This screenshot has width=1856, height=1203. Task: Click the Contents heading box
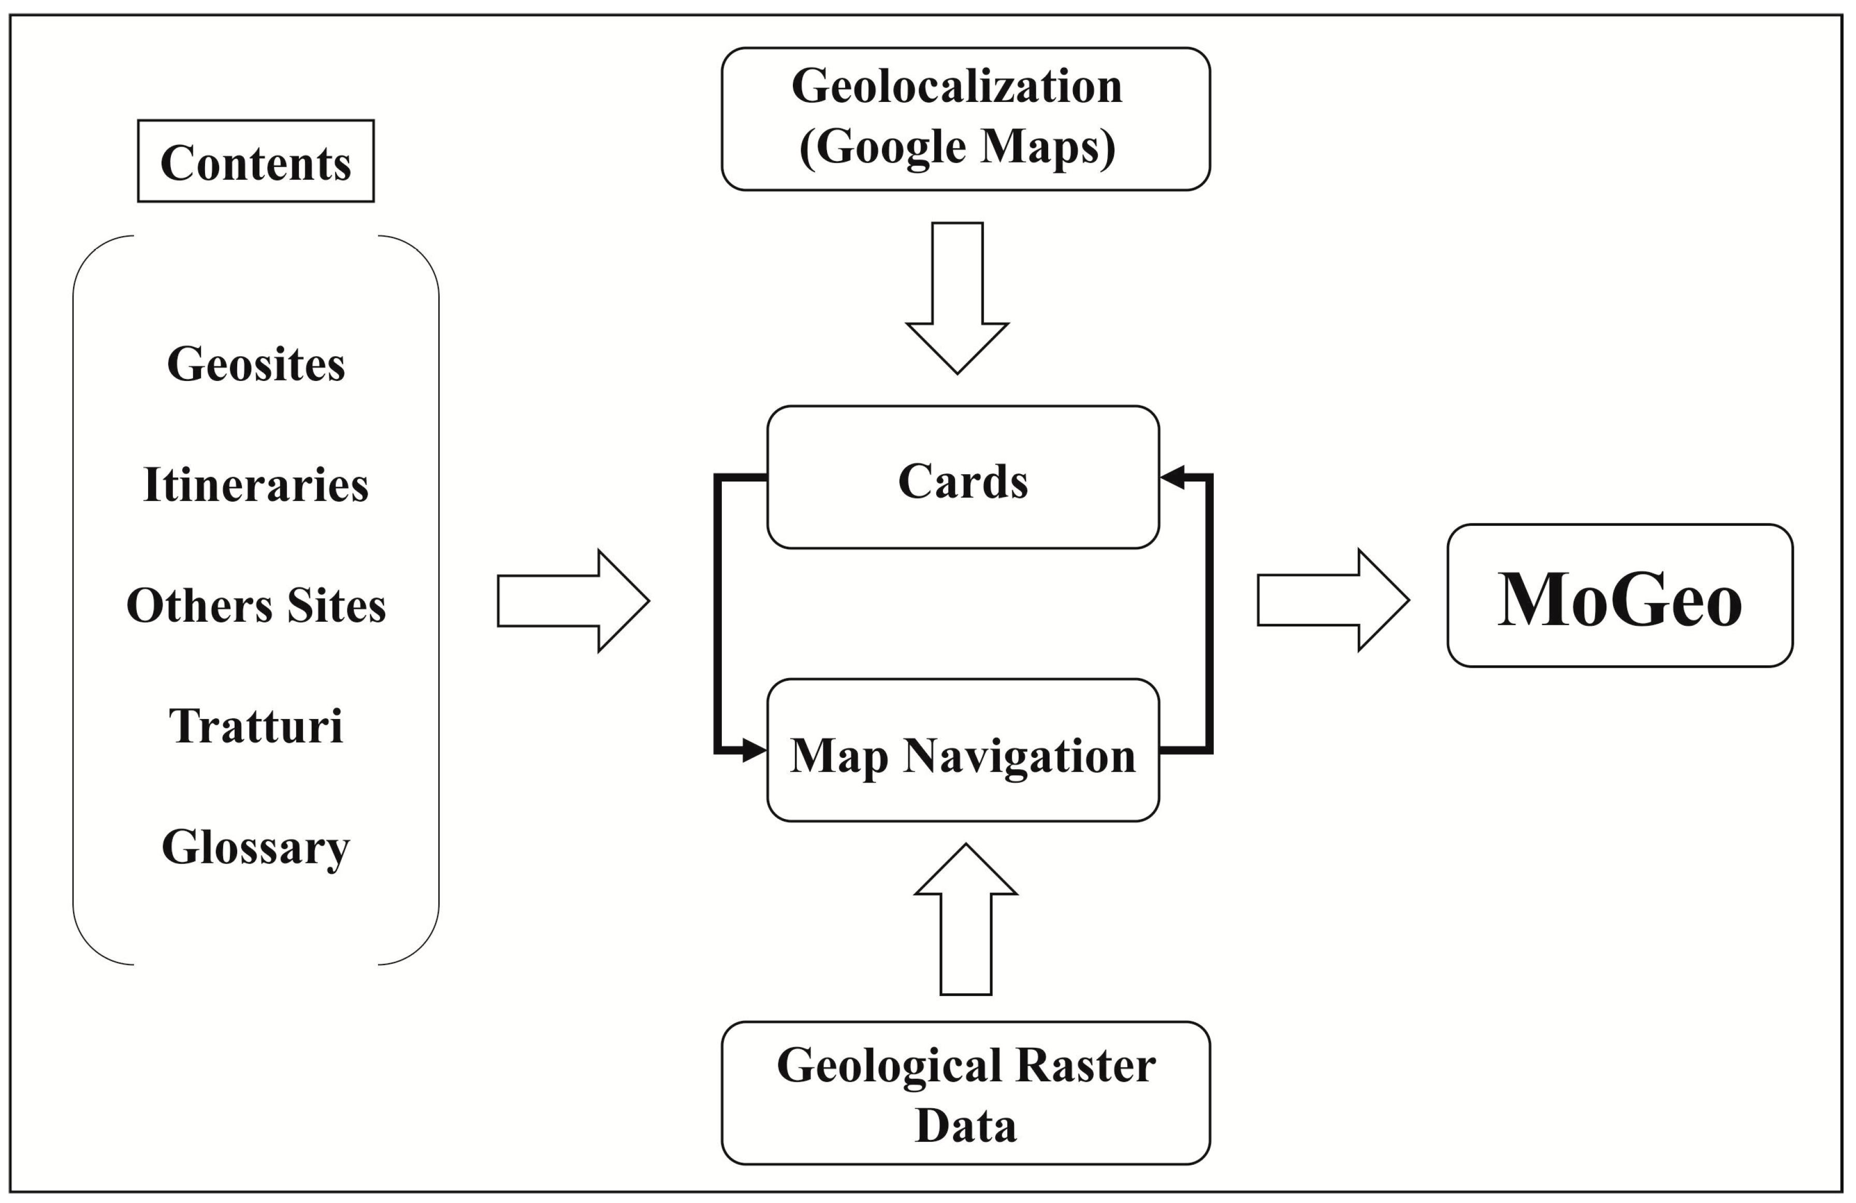coord(256,162)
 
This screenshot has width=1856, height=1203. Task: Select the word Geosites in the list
coord(256,364)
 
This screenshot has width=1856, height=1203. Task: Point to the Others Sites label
coord(256,605)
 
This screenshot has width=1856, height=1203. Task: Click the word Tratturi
coord(256,726)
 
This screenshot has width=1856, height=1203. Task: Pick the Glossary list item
coord(256,847)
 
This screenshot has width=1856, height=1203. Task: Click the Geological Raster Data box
coord(965,1093)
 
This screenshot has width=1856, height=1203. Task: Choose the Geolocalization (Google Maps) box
coord(965,119)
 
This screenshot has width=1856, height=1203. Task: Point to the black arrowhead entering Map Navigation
coord(753,750)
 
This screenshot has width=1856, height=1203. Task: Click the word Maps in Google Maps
coord(1047,146)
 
